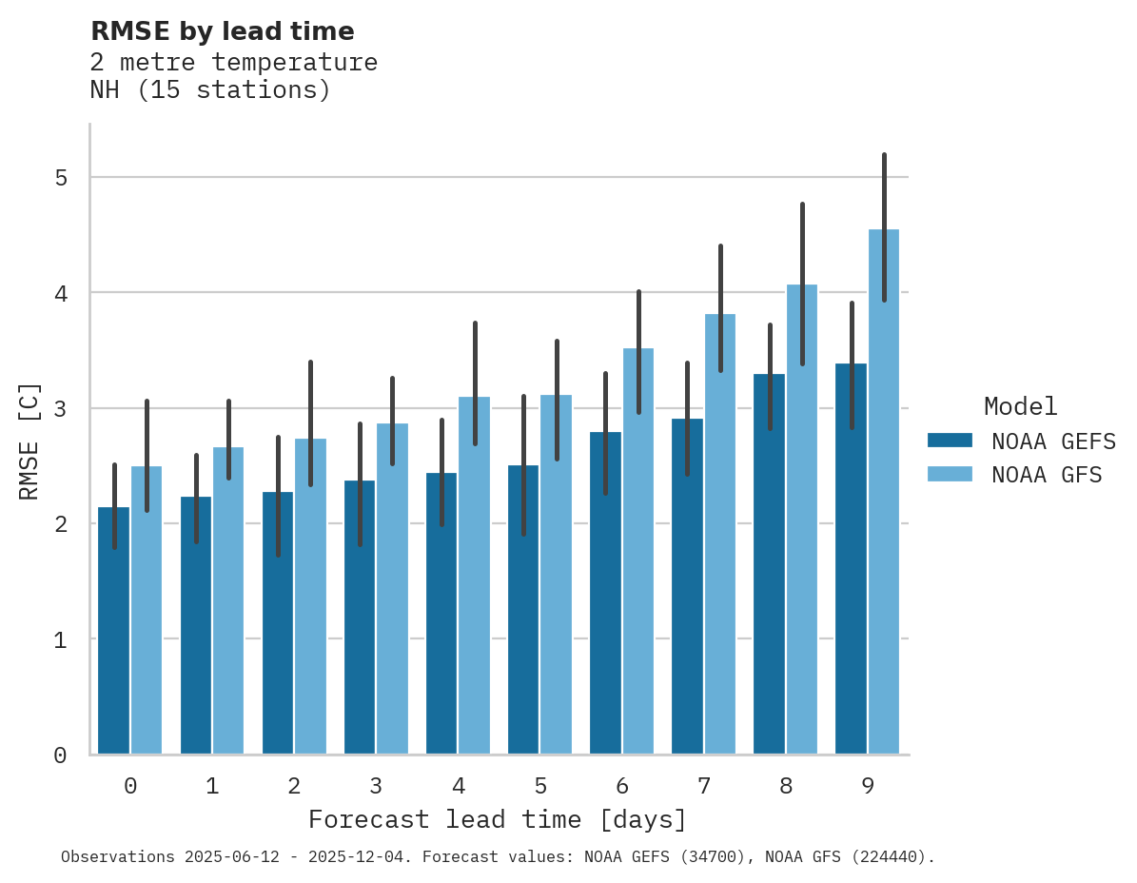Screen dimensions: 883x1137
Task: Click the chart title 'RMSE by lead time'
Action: click(222, 31)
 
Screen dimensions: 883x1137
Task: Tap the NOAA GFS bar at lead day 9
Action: click(884, 495)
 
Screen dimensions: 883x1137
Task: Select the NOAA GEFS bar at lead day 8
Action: click(769, 571)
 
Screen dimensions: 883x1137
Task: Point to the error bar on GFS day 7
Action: click(720, 308)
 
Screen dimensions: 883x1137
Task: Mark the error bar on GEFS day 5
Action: click(523, 465)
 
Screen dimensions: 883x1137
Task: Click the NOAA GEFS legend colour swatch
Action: click(950, 441)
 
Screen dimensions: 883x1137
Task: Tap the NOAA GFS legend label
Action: click(1046, 475)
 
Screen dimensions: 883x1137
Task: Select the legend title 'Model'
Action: click(1020, 406)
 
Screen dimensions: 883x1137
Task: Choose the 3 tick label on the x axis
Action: click(376, 786)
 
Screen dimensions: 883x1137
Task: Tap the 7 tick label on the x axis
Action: click(704, 786)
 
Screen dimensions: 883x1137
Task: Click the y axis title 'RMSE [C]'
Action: click(29, 441)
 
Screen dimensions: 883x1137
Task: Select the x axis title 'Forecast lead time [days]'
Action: click(497, 819)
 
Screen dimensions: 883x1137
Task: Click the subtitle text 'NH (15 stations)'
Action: click(210, 90)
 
